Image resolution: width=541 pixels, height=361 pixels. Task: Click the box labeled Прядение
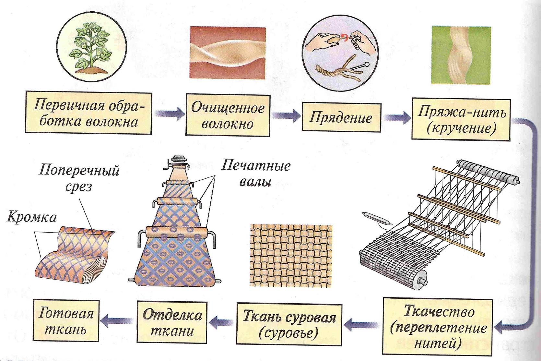pos(341,117)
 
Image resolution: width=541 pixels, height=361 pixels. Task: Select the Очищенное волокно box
pos(228,115)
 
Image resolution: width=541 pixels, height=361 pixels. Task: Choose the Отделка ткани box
pos(172,322)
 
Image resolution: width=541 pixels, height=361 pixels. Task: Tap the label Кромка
pos(31,217)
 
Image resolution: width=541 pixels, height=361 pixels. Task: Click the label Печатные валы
pos(255,173)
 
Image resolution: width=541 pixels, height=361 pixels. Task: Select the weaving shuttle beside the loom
pos(377,218)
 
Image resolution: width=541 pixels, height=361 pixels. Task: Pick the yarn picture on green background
pos(461,55)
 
